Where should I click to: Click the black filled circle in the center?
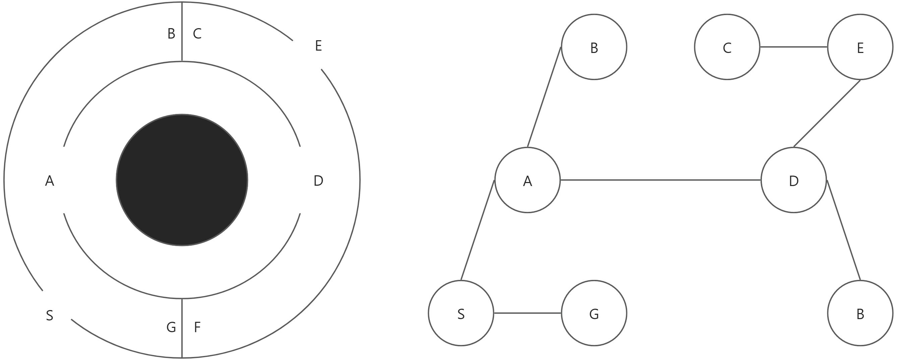[x=182, y=180]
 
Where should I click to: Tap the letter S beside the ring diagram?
[x=50, y=315]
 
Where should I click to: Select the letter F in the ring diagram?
[x=197, y=327]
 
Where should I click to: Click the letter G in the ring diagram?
[x=171, y=327]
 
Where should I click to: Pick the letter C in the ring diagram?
[x=197, y=34]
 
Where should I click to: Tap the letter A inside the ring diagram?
[x=50, y=181]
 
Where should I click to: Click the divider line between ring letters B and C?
[x=182, y=32]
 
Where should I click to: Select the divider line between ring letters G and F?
[x=182, y=327]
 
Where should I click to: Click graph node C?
[x=727, y=47]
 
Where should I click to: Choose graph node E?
[x=860, y=47]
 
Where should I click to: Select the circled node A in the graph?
[x=527, y=180]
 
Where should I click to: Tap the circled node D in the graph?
[x=793, y=180]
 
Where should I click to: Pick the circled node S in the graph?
[x=461, y=313]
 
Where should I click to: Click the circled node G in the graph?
[x=594, y=313]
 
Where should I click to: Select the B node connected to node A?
[x=594, y=47]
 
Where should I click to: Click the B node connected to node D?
[x=860, y=313]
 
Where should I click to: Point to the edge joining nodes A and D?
[x=660, y=180]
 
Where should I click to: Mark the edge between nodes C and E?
[x=793, y=47]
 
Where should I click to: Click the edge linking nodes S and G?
[x=527, y=313]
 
